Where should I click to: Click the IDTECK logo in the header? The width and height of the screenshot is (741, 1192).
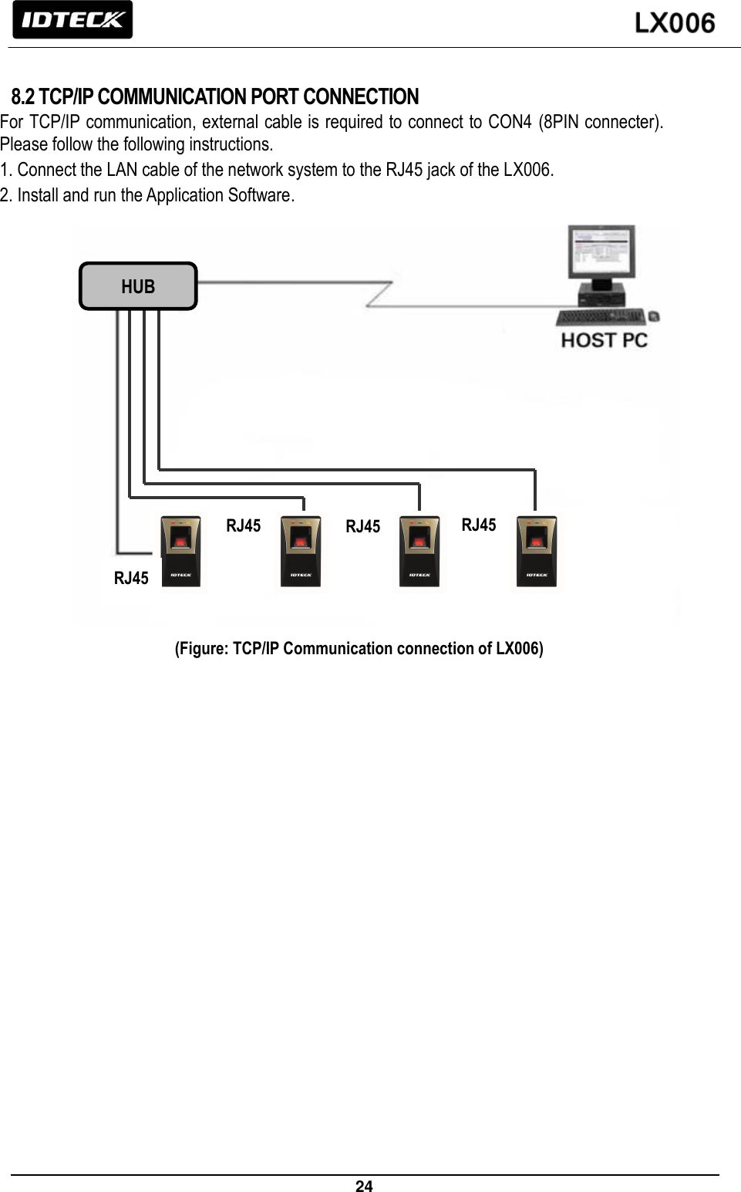coord(72,20)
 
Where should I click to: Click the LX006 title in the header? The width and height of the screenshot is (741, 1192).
coord(675,23)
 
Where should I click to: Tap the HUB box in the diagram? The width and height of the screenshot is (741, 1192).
coord(138,286)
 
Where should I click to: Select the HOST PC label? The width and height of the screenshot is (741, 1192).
coord(604,340)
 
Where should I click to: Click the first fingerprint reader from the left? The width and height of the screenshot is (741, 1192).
coord(180,552)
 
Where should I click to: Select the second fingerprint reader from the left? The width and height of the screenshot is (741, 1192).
coord(301,552)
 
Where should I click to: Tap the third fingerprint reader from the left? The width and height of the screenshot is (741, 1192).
coord(419,552)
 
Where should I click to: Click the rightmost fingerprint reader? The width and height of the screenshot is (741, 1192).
coord(537,552)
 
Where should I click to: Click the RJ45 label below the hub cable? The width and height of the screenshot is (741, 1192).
coord(131,578)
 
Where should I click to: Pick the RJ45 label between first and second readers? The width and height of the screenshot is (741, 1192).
coord(243,525)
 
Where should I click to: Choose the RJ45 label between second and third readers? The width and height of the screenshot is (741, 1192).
coord(362,526)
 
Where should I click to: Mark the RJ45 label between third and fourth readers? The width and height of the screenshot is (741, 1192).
coord(479,525)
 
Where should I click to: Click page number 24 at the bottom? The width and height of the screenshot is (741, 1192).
coord(364,1186)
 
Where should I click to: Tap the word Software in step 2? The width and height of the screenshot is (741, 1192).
coord(259,194)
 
